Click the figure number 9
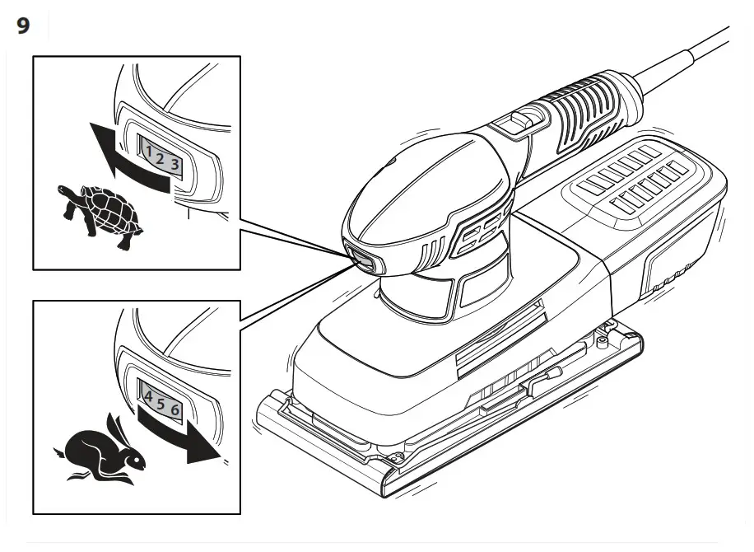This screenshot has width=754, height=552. [x=23, y=26]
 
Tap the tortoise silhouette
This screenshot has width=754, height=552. [x=100, y=213]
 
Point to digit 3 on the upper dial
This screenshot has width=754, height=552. [x=175, y=162]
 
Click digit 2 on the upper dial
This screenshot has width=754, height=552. [x=159, y=157]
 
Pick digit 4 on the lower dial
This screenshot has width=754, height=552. [x=148, y=396]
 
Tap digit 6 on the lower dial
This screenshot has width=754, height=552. [x=175, y=409]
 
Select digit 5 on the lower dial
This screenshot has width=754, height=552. [x=161, y=403]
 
